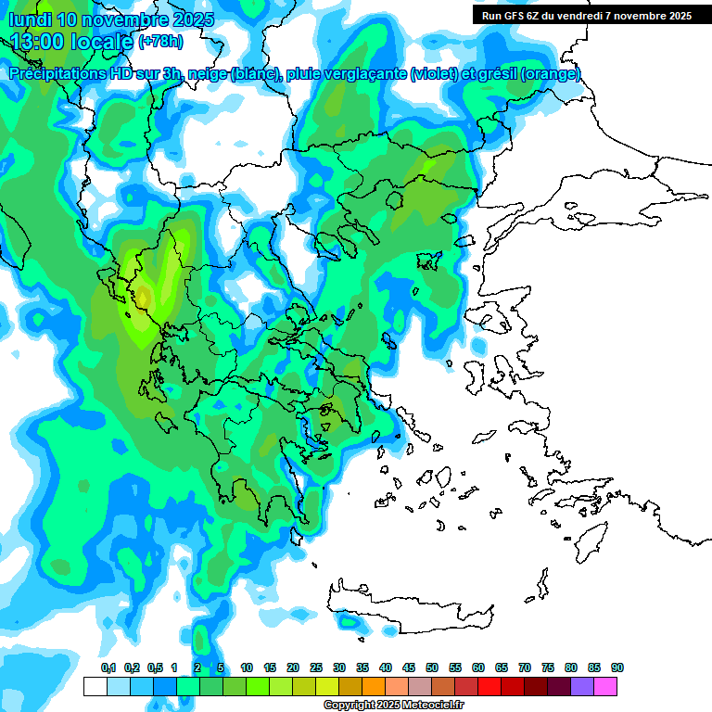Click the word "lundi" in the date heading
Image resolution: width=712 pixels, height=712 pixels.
coord(29,19)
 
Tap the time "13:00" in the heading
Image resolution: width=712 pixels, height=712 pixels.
coord(35,42)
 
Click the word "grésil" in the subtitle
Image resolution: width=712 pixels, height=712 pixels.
coord(494,74)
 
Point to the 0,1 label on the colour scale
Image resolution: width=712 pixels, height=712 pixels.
coord(108,667)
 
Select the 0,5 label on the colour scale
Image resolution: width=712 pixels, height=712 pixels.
coord(155,667)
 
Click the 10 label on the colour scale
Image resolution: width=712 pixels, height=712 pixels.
coord(247,667)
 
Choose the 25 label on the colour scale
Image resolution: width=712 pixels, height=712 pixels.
coord(316,667)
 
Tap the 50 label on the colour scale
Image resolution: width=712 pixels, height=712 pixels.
coord(432,667)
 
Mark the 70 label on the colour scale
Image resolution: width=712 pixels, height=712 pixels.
coord(525,667)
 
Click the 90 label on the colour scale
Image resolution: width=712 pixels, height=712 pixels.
coord(617,667)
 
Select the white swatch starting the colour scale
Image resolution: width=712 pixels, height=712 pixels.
coord(95,686)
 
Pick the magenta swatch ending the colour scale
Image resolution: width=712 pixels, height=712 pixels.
coord(606,686)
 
